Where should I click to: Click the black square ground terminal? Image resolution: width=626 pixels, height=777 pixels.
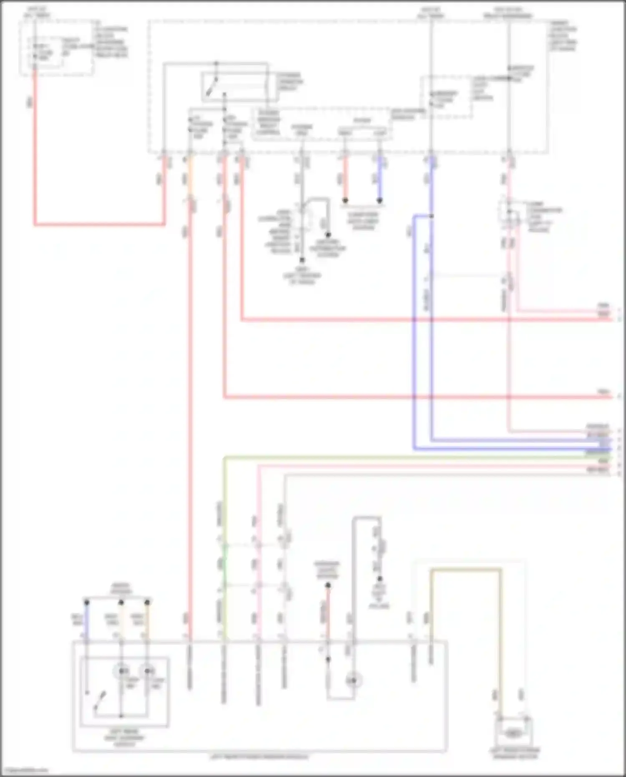coord(302,260)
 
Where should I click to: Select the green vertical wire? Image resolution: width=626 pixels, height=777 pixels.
coord(225,543)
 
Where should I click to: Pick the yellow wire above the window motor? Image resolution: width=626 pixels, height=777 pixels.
coord(465,570)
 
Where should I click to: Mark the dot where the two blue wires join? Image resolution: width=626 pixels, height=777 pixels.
coord(431,216)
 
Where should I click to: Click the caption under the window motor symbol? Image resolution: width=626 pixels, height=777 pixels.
coord(514,753)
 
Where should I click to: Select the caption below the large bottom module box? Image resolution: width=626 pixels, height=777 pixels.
coord(259,757)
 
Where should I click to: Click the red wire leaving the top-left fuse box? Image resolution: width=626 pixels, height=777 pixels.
coord(35,146)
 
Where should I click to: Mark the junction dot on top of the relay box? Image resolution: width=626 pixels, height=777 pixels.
coord(216,63)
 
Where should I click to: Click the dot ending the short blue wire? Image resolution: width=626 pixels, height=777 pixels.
coord(379,201)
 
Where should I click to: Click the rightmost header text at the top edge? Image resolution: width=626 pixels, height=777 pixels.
coord(508,13)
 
